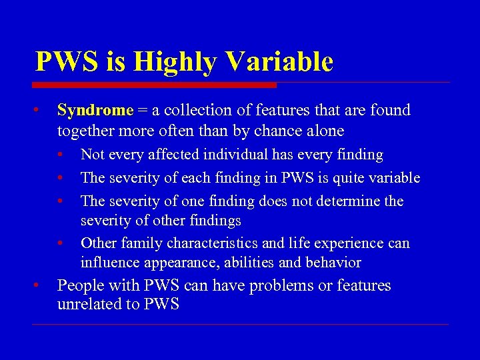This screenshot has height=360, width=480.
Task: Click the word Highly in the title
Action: (x=175, y=62)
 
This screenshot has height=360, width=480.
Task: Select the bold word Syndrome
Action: (x=95, y=110)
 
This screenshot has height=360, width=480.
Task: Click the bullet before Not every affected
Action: (x=61, y=155)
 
